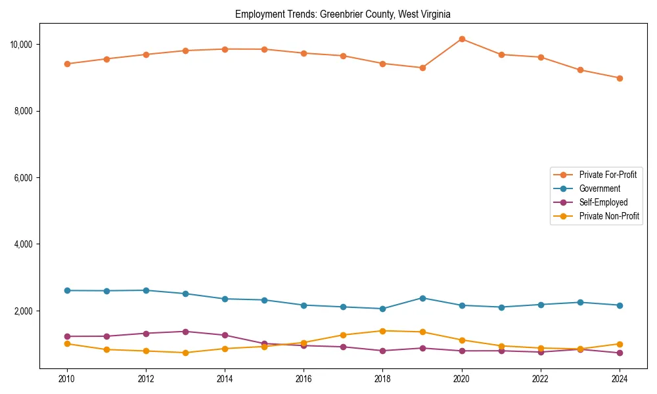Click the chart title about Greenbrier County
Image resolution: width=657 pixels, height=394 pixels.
click(x=342, y=14)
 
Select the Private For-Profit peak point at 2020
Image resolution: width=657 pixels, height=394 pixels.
click(x=462, y=39)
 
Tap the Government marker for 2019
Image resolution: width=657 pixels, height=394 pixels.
click(x=422, y=298)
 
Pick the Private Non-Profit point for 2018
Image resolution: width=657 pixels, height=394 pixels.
click(x=383, y=331)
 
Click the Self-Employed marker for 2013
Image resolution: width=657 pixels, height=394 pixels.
click(x=185, y=332)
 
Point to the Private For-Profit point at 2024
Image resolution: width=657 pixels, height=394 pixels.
click(x=620, y=78)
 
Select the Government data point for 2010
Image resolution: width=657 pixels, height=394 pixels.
click(x=67, y=290)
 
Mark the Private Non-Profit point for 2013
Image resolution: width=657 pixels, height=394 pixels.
click(x=185, y=353)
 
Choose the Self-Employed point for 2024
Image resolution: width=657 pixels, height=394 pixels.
click(x=620, y=353)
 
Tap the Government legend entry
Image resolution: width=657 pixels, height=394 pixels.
click(x=599, y=189)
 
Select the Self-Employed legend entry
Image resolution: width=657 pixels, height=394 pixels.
click(x=603, y=203)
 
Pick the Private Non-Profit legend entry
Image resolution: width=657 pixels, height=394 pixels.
click(x=609, y=217)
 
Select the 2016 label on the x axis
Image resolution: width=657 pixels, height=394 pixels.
click(x=304, y=379)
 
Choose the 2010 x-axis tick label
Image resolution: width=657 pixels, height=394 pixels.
click(x=67, y=379)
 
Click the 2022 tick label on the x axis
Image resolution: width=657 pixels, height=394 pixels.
click(x=541, y=379)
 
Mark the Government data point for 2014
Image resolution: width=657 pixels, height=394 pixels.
click(x=225, y=299)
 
